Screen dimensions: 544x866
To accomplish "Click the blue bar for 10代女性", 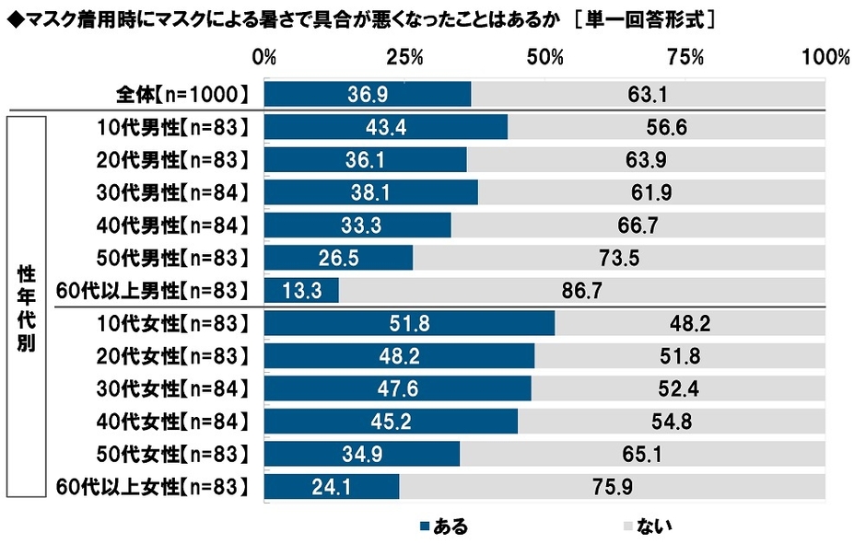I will (409, 323).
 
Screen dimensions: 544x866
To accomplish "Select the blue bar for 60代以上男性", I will (301, 291).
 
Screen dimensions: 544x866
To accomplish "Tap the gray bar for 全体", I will (648, 93).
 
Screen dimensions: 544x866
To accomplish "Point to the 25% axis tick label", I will (404, 58).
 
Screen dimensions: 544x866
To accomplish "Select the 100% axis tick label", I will (825, 58).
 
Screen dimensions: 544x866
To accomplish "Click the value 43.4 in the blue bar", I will (385, 126).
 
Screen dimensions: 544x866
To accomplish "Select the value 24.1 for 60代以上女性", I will (332, 488).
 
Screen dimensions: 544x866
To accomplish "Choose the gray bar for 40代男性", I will (638, 225).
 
